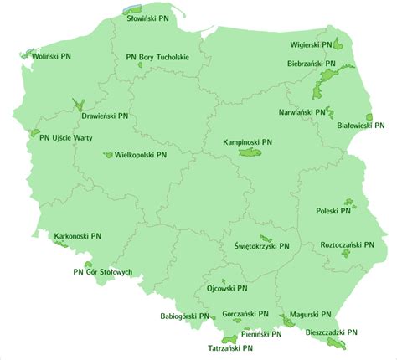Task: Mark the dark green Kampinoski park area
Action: coord(249,153)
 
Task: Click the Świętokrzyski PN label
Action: coord(262,247)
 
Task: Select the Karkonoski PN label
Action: coord(78,237)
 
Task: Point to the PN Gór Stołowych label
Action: coord(103,272)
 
